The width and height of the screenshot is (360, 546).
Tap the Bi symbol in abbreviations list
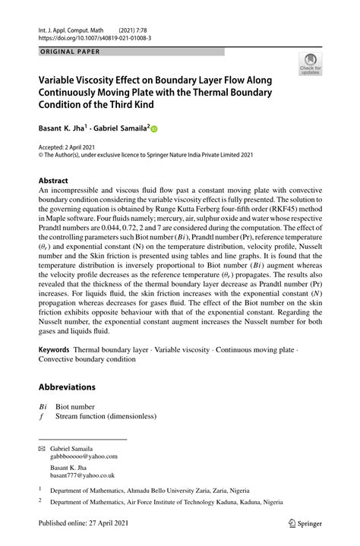coord(44,406)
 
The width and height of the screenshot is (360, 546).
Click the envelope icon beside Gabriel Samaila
coord(43,448)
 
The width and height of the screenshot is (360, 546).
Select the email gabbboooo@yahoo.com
coord(84,457)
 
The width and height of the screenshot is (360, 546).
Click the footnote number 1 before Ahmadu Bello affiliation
coord(40,489)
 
